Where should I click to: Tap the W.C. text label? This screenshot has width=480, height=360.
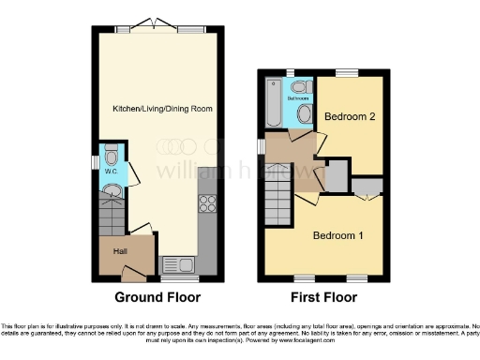coord(110,172)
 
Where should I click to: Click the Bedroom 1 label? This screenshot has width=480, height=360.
coord(338,235)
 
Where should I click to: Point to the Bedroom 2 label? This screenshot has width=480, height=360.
coord(350,116)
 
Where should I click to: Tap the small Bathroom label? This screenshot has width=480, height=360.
coord(298,97)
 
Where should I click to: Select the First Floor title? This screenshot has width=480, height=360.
coord(325,298)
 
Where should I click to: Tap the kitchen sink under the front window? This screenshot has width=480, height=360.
coord(176,265)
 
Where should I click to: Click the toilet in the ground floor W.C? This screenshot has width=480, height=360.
coord(111,156)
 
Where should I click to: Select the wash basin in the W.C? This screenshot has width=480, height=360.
coord(111,193)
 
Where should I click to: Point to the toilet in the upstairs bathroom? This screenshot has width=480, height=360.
coord(299,86)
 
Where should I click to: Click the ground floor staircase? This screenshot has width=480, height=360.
coord(112,220)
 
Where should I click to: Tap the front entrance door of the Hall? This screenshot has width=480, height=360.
coord(133,275)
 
